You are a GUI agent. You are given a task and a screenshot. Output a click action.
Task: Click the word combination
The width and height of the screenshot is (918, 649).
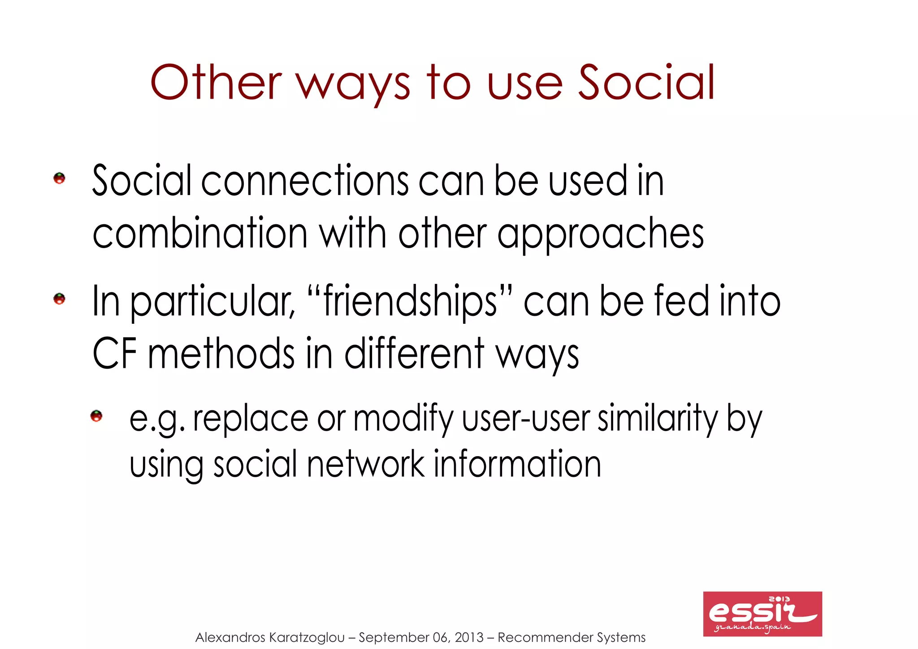[x=200, y=233]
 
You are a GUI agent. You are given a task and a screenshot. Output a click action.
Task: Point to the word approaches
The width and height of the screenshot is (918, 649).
[x=600, y=234]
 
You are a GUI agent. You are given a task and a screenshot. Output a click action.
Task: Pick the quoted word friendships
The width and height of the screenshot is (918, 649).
[x=410, y=301]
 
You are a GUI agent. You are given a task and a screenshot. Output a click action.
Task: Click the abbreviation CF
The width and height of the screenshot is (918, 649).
[x=114, y=354]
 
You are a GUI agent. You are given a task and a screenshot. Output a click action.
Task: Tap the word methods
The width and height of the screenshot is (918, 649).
[x=221, y=354]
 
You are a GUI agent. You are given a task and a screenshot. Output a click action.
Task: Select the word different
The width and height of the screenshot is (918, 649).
[x=414, y=354]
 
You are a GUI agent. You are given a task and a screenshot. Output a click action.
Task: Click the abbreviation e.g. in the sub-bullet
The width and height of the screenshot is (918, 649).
[x=156, y=419]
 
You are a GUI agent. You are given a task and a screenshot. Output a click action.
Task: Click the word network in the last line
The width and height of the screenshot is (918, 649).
[x=365, y=464]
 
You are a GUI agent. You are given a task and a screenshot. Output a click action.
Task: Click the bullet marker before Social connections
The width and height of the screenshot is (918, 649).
[x=59, y=179]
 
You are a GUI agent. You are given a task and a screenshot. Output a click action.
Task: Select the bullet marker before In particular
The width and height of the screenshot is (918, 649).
[x=59, y=299]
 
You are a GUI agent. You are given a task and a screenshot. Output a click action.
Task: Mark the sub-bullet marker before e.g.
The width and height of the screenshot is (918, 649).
[x=96, y=416]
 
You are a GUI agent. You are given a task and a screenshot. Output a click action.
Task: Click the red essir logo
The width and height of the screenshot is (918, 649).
[x=762, y=614]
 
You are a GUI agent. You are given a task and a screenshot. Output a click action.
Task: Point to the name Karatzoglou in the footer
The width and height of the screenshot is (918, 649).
[x=307, y=637]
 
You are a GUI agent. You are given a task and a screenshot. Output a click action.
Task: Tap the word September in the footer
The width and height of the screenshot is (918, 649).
[x=394, y=637]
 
